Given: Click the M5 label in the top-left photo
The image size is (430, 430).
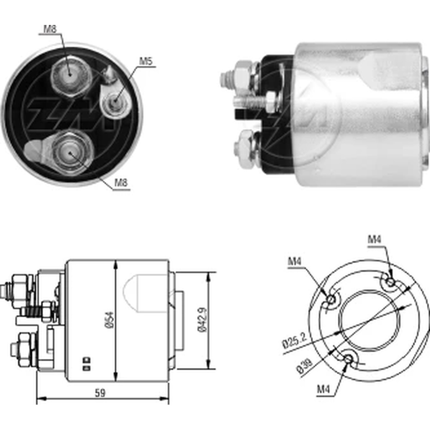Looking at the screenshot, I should click(146, 61).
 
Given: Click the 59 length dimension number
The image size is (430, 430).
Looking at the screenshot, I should click(100, 392).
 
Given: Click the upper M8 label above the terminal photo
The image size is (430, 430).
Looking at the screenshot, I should click(50, 29).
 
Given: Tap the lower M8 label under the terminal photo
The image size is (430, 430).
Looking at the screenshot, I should click(121, 184).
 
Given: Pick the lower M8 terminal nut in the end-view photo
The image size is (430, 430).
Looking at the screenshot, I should click(71, 151).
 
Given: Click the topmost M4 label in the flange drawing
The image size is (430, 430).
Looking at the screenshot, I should click(375, 240).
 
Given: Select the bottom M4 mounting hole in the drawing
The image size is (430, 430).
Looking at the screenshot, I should click(348, 358).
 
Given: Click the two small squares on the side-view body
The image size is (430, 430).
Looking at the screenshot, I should click(86, 363).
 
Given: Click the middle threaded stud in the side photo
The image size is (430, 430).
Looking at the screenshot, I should click(252, 101).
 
